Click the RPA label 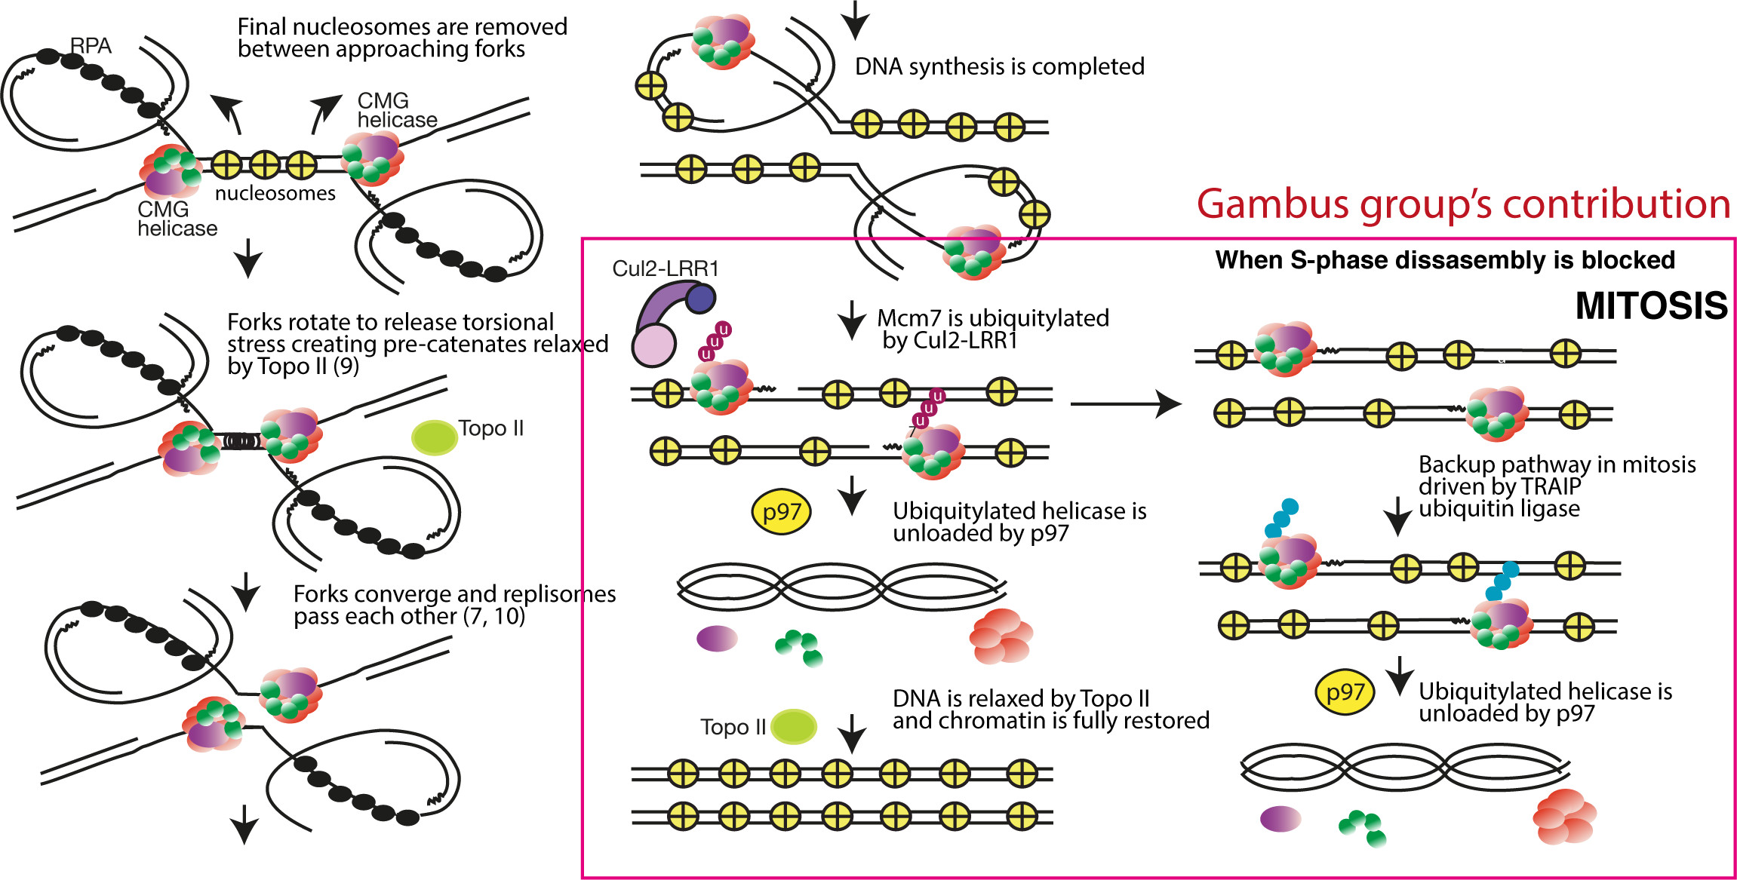pyautogui.click(x=91, y=46)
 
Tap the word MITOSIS pyautogui.click(x=1651, y=306)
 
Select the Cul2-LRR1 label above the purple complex pyautogui.click(x=665, y=268)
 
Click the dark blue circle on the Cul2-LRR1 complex pyautogui.click(x=701, y=299)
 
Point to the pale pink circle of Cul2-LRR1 pyautogui.click(x=653, y=346)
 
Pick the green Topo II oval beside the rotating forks pyautogui.click(x=434, y=437)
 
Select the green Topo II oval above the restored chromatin pyautogui.click(x=794, y=727)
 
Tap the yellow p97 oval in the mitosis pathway pyautogui.click(x=1345, y=691)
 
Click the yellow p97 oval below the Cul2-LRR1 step pyautogui.click(x=781, y=513)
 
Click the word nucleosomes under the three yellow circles pyautogui.click(x=275, y=194)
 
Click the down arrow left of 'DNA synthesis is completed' pyautogui.click(x=854, y=20)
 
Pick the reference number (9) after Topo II pyautogui.click(x=346, y=366)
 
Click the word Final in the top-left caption pyautogui.click(x=262, y=27)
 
